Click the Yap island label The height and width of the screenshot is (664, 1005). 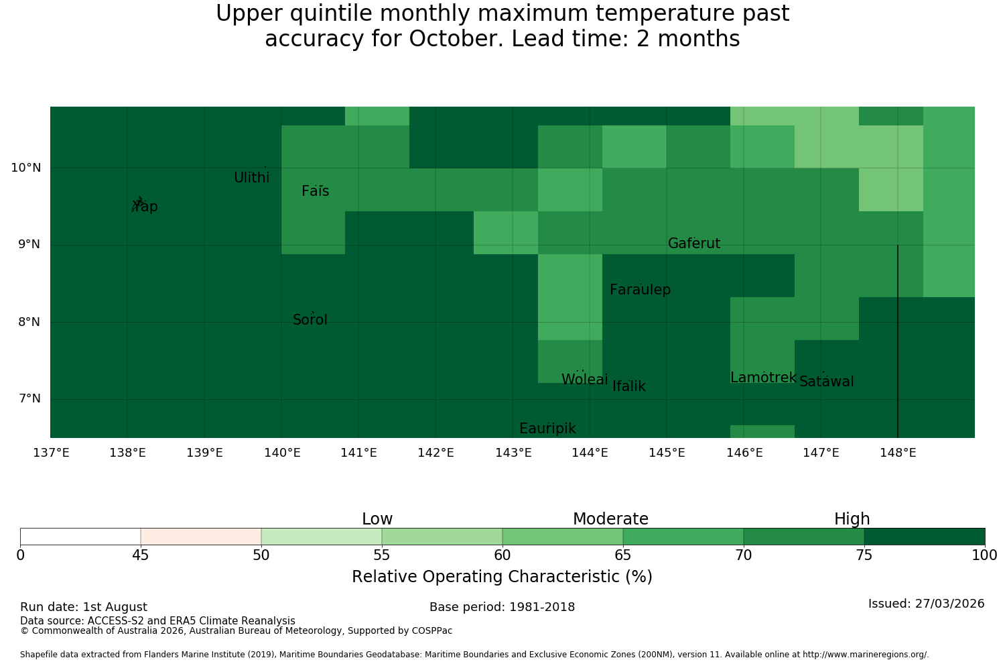[145, 207]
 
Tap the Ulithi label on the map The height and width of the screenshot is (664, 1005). [252, 178]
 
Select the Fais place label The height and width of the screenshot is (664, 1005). [316, 191]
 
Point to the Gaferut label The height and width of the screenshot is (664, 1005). [694, 243]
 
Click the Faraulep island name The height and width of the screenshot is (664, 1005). [641, 290]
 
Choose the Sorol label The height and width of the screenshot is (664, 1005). [310, 320]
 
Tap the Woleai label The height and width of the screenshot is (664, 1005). [585, 379]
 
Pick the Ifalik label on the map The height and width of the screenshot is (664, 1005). [629, 386]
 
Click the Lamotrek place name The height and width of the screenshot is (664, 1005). [763, 378]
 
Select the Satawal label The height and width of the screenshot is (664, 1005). [826, 382]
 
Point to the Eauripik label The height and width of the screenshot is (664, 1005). [547, 429]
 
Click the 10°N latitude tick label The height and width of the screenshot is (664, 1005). [26, 168]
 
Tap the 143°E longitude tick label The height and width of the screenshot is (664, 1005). [513, 453]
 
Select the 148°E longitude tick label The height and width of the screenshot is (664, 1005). [898, 453]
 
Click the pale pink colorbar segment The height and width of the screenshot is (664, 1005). [201, 537]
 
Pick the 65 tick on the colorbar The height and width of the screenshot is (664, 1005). [622, 556]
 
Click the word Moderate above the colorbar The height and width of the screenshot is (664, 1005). [610, 519]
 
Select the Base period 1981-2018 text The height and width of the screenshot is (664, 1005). [502, 607]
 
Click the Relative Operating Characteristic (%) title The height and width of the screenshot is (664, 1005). [502, 576]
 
